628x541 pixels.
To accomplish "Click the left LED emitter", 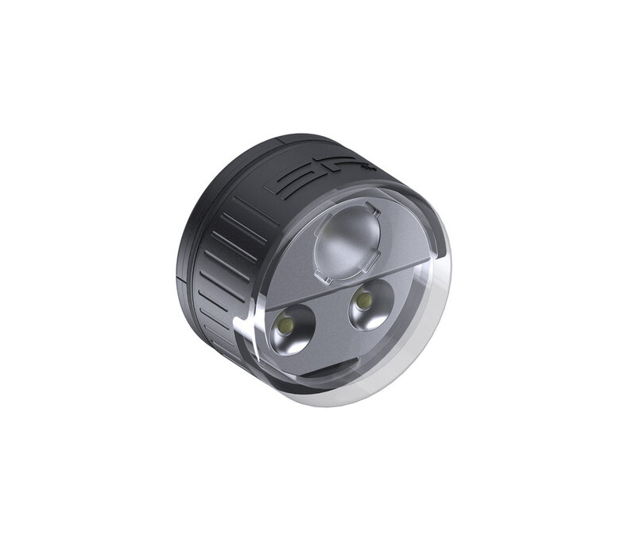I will [x=286, y=329].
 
